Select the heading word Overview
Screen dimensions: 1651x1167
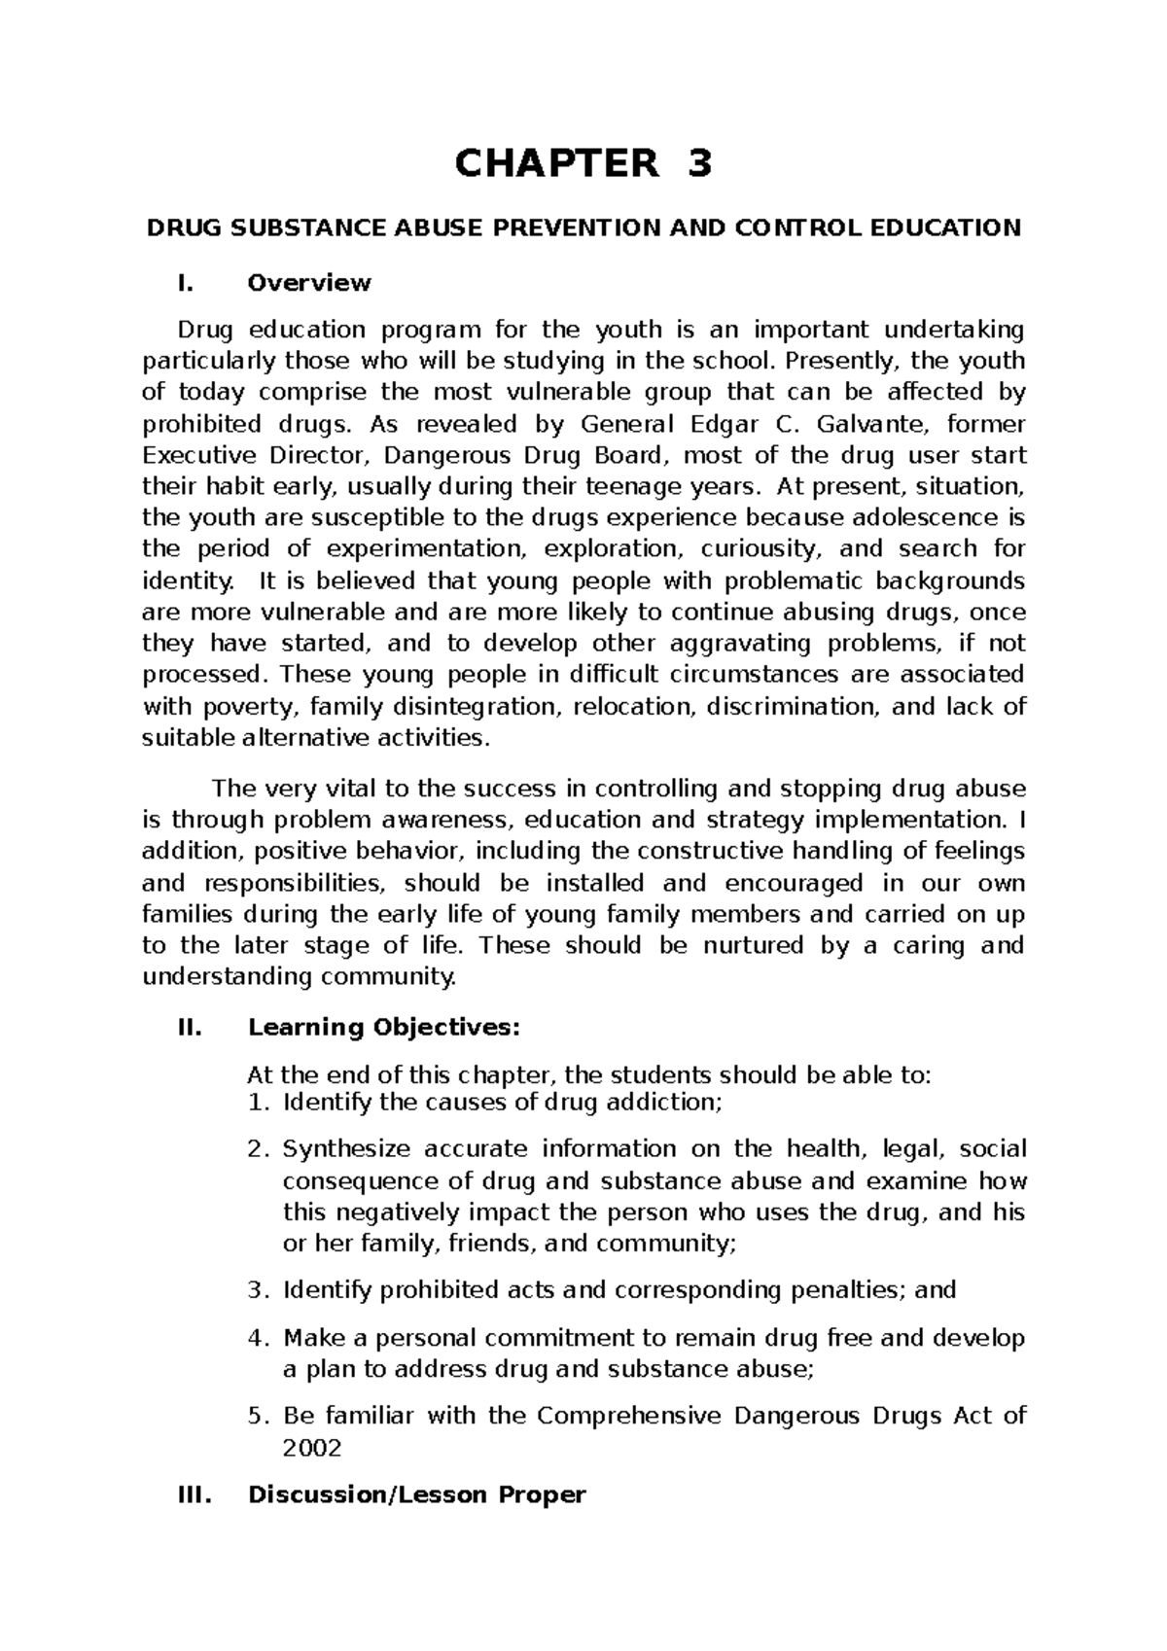[x=309, y=283]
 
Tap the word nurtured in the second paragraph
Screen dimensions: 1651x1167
[x=754, y=945]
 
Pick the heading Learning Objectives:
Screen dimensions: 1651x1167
[x=385, y=1027]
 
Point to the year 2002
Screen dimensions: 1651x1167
[x=311, y=1448]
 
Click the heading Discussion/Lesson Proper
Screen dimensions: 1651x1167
[x=416, y=1494]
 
